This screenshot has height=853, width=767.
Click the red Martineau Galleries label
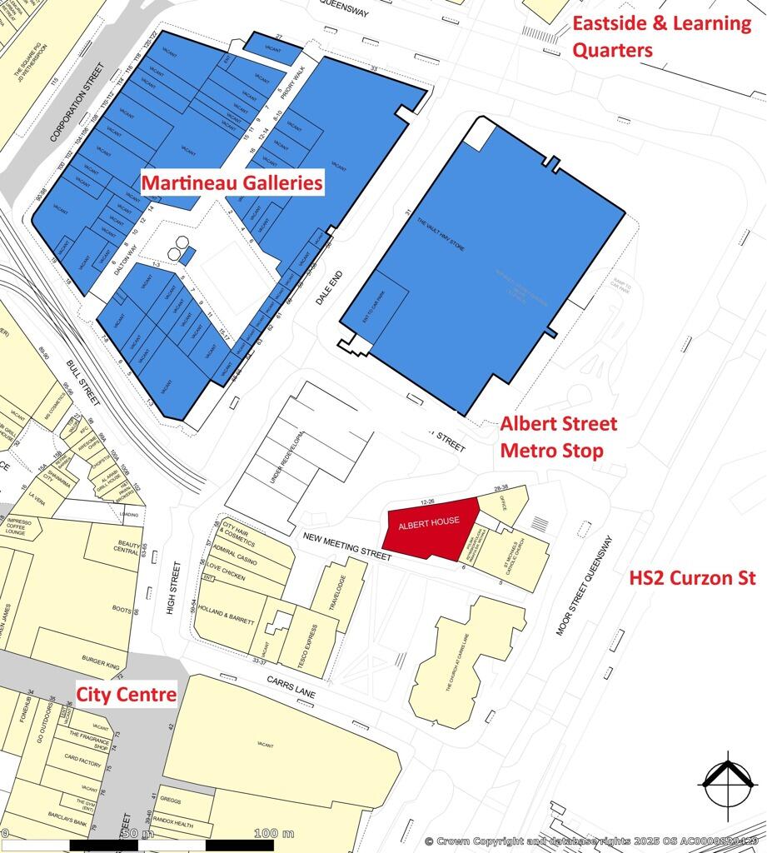pyautogui.click(x=232, y=182)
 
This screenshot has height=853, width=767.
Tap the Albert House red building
pyautogui.click(x=429, y=524)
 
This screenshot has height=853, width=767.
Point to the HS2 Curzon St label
pyautogui.click(x=692, y=578)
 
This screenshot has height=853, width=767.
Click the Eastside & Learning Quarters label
pyautogui.click(x=661, y=37)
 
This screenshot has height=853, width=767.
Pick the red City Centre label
pyautogui.click(x=127, y=694)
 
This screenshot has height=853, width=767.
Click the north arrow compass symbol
pyautogui.click(x=728, y=781)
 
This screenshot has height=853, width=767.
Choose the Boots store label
pyautogui.click(x=122, y=609)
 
